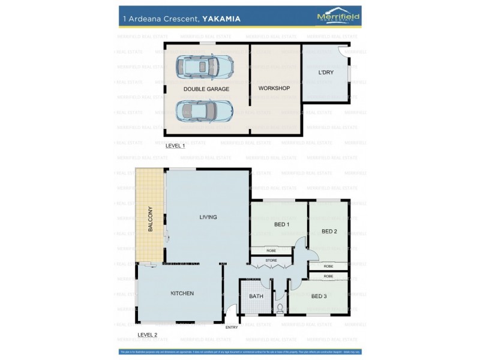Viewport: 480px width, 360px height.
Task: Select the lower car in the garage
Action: point(205,110)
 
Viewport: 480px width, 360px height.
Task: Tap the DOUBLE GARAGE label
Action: point(206,89)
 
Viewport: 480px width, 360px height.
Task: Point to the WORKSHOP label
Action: point(274,88)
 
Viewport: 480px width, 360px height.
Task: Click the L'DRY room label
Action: point(326,73)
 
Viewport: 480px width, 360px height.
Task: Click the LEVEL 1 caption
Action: point(175,146)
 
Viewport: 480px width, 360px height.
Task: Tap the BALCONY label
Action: point(151,219)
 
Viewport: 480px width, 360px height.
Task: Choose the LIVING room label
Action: point(208,217)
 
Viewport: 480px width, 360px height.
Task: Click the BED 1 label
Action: point(281,224)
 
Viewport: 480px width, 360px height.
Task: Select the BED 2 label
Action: point(329,231)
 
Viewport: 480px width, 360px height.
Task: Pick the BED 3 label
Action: point(319,295)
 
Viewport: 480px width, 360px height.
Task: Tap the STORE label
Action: point(271,260)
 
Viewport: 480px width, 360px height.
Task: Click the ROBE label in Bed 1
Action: point(271,250)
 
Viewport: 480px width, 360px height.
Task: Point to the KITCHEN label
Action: point(182,293)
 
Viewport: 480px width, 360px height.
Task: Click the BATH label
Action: point(256,296)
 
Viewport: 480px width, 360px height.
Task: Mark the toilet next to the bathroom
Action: point(280,308)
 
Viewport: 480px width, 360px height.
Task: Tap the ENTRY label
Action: point(232,327)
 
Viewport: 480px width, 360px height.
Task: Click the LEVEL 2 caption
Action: point(148,334)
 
